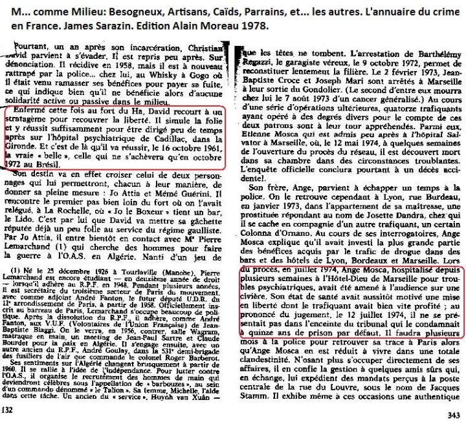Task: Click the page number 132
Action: point(8,410)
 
